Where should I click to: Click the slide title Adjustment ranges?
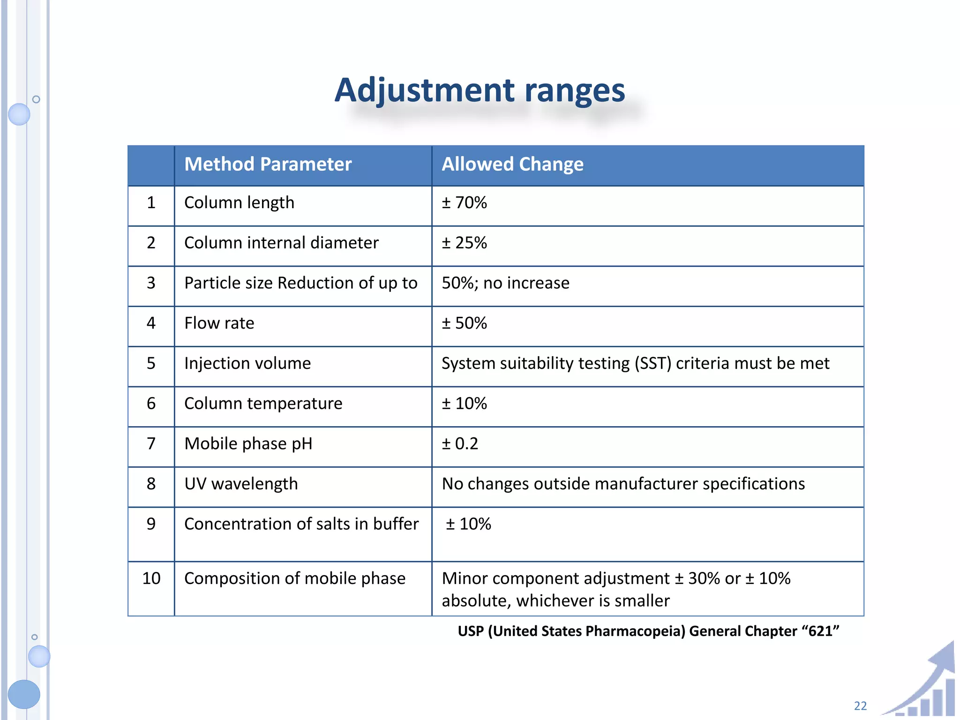pyautogui.click(x=480, y=90)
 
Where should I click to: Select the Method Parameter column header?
pyautogui.click(x=268, y=165)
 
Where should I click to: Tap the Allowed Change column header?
pyautogui.click(x=512, y=165)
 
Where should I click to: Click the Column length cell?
pyautogui.click(x=239, y=203)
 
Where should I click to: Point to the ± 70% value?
pyautogui.click(x=464, y=203)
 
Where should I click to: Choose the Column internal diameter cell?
pyautogui.click(x=281, y=243)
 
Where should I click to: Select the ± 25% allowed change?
pyautogui.click(x=464, y=243)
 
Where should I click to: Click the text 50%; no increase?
pyautogui.click(x=505, y=283)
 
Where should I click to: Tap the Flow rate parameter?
pyautogui.click(x=219, y=323)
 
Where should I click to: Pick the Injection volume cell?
pyautogui.click(x=247, y=364)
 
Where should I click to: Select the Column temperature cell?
pyautogui.click(x=263, y=404)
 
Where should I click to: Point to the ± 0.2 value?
pyautogui.click(x=460, y=444)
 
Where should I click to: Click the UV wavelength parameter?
pyautogui.click(x=241, y=484)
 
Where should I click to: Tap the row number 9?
pyautogui.click(x=151, y=524)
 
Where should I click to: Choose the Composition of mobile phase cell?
pyautogui.click(x=294, y=578)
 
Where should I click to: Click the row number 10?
pyautogui.click(x=151, y=578)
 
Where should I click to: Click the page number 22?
pyautogui.click(x=860, y=706)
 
